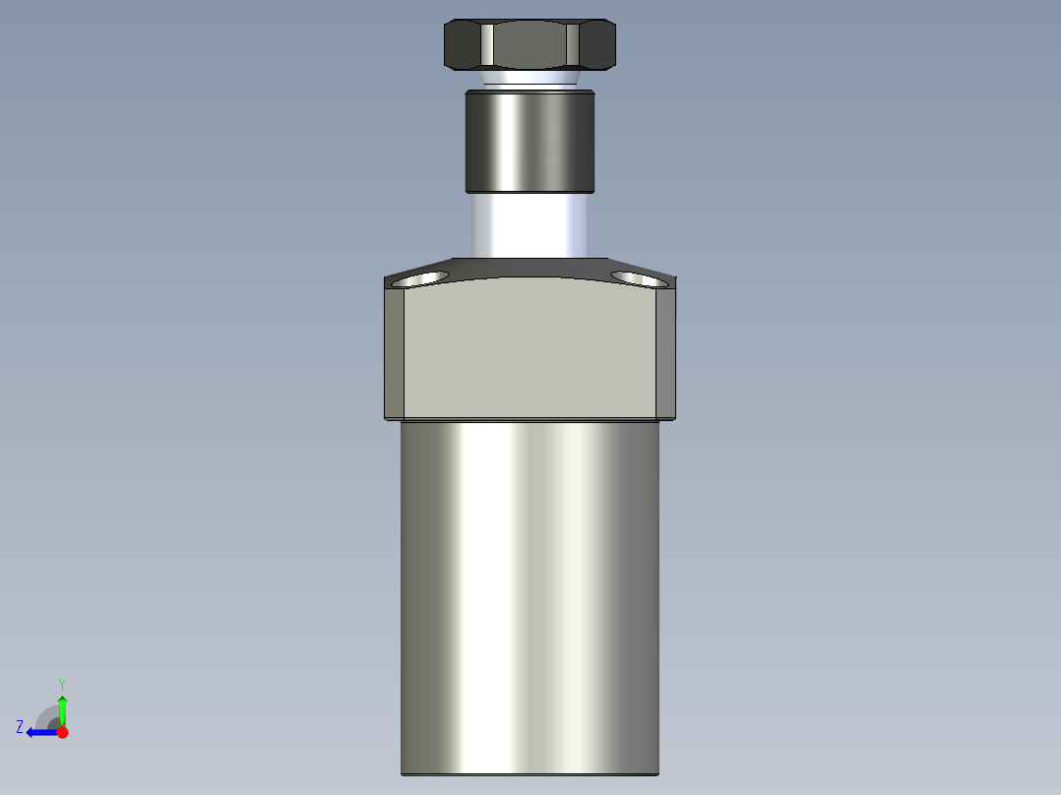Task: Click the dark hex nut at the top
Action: pos(530,45)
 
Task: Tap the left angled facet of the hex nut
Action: pos(464,45)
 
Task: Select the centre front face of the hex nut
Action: pos(530,46)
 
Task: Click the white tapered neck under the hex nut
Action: pos(530,79)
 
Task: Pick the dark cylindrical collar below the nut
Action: pos(530,141)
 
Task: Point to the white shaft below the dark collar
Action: pos(530,225)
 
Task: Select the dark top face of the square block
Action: pos(530,268)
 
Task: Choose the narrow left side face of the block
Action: pos(394,352)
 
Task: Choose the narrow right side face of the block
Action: pos(666,352)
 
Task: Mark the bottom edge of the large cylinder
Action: pos(530,773)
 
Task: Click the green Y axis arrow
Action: pos(62,706)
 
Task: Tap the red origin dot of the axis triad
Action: pos(62,732)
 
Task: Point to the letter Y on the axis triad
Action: pos(62,683)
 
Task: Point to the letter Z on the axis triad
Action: pos(20,726)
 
